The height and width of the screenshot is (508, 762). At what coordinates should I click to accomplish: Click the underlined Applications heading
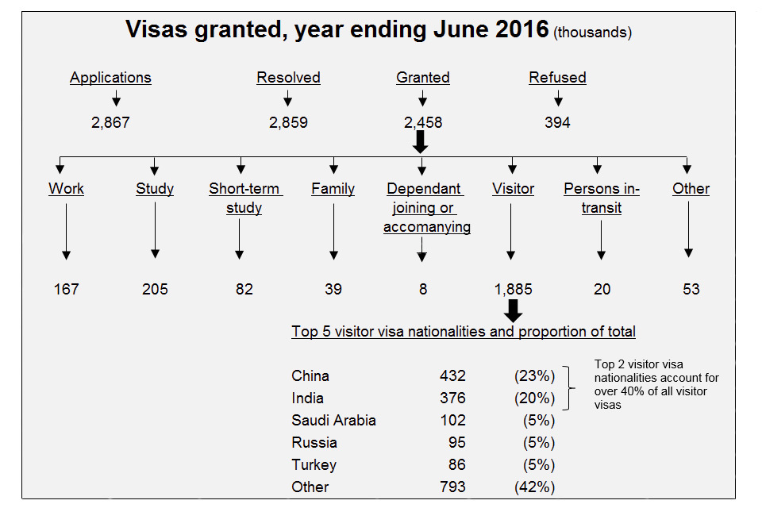tap(110, 78)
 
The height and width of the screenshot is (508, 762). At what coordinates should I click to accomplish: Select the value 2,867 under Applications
tap(110, 123)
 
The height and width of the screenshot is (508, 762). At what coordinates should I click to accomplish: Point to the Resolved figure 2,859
tap(288, 123)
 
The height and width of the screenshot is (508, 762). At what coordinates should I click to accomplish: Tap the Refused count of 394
tap(557, 123)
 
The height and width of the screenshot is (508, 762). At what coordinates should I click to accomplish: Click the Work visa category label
tap(66, 189)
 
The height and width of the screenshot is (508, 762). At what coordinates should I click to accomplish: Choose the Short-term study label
tap(244, 198)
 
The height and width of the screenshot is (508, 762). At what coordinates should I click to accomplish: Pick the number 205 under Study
tap(155, 289)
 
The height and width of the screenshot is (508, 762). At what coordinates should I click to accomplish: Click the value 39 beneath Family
tap(333, 289)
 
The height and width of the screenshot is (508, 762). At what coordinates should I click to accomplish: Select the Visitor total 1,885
tap(512, 289)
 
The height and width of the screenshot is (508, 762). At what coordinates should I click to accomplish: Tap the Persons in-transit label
tap(601, 198)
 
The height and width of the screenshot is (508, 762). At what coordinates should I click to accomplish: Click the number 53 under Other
tap(691, 289)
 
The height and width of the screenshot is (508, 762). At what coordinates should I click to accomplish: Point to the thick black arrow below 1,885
tap(514, 310)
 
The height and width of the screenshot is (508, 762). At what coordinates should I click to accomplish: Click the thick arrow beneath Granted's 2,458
tap(421, 141)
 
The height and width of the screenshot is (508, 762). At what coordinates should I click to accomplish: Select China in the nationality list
tap(310, 375)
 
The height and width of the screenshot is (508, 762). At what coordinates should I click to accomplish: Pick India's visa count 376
tap(452, 398)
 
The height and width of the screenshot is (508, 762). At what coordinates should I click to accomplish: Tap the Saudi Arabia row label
tap(333, 420)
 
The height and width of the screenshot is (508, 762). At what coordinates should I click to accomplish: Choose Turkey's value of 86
tap(456, 464)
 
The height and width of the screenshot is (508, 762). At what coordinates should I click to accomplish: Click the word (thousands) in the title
tap(593, 33)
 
